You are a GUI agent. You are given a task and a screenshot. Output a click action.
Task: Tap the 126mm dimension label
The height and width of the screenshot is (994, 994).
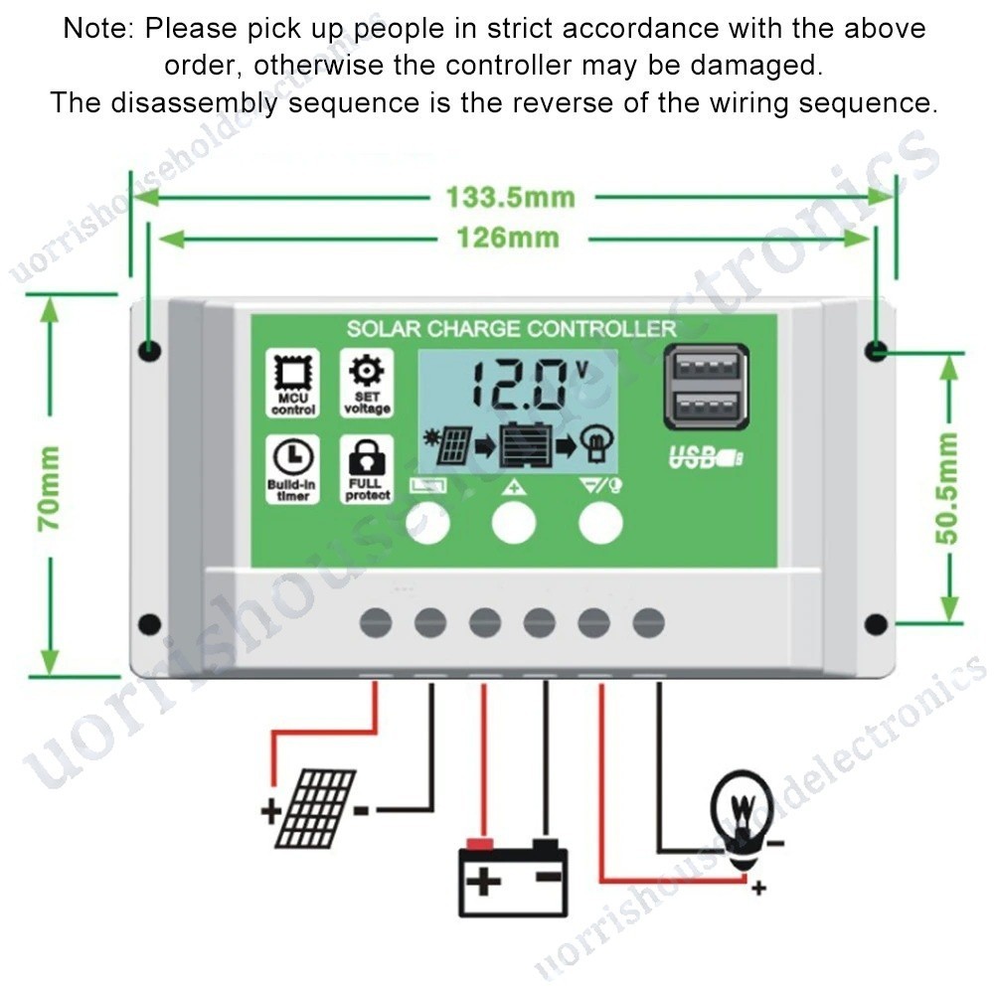tap(508, 239)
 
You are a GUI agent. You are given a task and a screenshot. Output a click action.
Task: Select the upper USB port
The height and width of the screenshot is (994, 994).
tap(707, 367)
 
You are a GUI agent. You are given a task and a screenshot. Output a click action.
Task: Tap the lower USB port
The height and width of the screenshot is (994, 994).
tap(707, 407)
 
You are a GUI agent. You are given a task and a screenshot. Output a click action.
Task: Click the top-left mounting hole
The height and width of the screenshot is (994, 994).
tap(149, 350)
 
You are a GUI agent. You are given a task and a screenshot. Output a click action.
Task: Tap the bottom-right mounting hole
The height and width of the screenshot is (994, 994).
tap(876, 624)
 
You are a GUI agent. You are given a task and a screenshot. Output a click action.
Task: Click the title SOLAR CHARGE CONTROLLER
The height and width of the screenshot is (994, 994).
tap(511, 329)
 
